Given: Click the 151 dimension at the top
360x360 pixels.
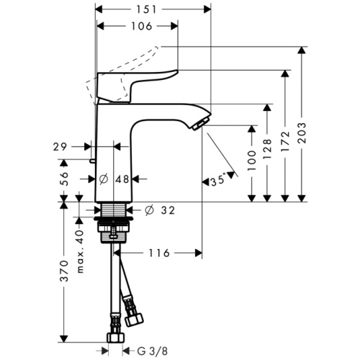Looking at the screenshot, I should click(153, 10).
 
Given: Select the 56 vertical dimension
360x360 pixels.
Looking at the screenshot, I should click(63, 178).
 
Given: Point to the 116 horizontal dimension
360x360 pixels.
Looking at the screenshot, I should click(158, 253).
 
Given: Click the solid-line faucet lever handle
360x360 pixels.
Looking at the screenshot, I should click(137, 78).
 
